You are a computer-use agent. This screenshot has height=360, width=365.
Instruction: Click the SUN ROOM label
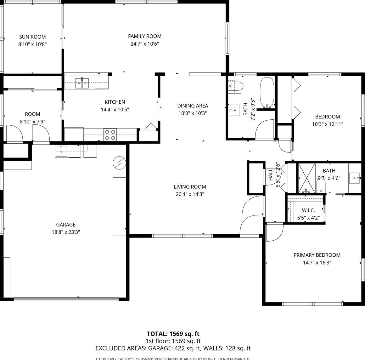point(32,37)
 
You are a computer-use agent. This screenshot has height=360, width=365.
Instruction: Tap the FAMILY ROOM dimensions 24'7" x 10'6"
point(145,44)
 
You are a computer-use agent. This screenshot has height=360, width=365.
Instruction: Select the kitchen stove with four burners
point(110,135)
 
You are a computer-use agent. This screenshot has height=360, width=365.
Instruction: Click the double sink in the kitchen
point(82,83)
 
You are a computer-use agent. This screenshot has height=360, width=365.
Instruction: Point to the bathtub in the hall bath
point(267,93)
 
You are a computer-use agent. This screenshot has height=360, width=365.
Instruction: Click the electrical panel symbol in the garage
point(119,163)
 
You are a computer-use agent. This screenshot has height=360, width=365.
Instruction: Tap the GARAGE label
point(66,225)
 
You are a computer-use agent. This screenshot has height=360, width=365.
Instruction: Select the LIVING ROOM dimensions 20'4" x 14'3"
point(190,194)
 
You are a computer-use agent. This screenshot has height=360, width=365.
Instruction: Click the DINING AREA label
point(193,106)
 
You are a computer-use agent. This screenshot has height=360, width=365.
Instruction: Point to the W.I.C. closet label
point(308,210)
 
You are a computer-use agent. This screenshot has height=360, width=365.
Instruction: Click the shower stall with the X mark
point(307,179)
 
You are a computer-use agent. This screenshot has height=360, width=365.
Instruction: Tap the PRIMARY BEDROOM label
point(317,255)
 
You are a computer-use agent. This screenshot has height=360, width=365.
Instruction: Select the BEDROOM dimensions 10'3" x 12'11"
point(328,124)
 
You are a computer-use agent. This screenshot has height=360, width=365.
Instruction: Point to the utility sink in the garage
point(61,151)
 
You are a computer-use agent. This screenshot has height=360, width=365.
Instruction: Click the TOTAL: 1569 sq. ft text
point(173,334)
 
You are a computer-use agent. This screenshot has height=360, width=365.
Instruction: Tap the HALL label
point(271,175)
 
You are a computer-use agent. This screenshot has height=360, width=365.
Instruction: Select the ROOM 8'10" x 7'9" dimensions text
point(32,121)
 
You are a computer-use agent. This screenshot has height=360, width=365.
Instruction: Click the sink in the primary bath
point(355,178)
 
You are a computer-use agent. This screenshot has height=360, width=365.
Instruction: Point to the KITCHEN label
point(115,102)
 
